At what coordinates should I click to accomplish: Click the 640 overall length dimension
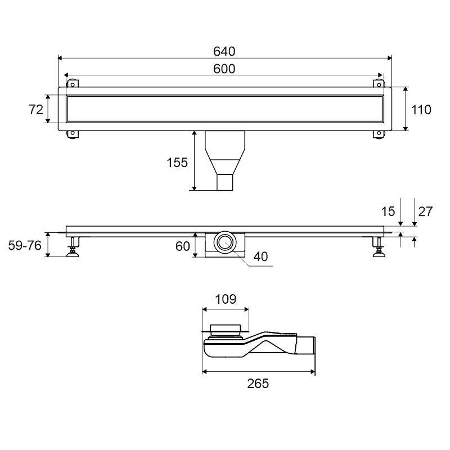(224, 52)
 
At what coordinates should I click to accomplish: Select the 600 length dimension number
(224, 69)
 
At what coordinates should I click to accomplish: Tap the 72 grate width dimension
(36, 110)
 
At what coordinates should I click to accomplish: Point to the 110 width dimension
(421, 110)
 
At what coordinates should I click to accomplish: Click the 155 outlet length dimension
(177, 163)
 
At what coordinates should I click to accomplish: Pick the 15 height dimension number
(388, 211)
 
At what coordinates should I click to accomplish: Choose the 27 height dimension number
(425, 211)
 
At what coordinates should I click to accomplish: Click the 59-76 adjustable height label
(25, 245)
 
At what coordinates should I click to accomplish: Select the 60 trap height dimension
(182, 246)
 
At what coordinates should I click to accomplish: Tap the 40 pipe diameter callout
(260, 256)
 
